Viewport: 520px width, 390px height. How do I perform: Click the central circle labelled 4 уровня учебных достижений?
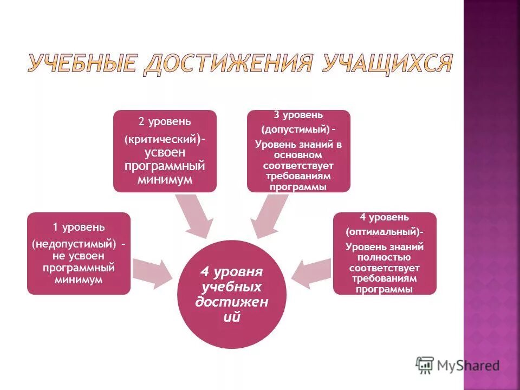click(231, 294)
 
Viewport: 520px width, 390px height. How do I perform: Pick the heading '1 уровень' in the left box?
click(79, 226)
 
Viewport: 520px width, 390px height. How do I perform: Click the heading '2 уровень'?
click(165, 122)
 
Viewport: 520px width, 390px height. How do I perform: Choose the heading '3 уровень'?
click(298, 115)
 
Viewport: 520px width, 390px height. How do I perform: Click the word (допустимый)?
click(295, 130)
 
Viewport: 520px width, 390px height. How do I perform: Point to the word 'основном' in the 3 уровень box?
click(298, 155)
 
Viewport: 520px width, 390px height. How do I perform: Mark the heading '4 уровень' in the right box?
click(384, 217)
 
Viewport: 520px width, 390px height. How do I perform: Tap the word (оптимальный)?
click(382, 232)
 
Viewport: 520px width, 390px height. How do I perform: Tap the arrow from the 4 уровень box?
click(311, 271)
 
